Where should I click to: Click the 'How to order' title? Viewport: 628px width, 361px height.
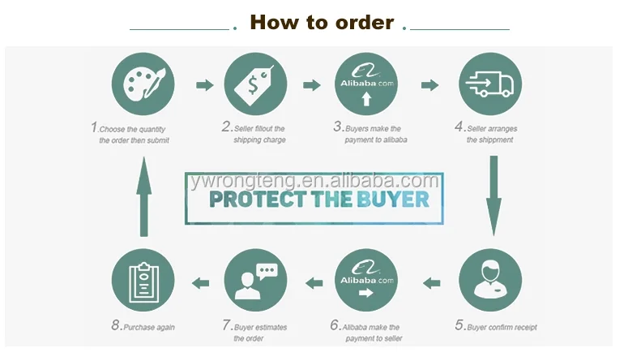(322, 22)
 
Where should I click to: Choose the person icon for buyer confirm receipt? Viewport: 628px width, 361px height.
(489, 279)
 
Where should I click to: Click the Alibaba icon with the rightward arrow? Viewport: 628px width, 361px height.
(366, 280)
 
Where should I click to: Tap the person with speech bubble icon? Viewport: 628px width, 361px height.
(254, 280)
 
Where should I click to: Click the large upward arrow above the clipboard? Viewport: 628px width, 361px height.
(143, 196)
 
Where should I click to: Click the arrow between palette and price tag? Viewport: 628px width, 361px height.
(205, 84)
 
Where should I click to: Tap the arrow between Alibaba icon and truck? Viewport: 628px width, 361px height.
(429, 84)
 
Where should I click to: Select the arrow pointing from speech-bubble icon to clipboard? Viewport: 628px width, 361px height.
(199, 282)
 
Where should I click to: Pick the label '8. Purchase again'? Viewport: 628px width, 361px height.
(143, 326)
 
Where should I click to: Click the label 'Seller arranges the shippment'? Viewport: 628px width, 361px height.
(489, 134)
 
